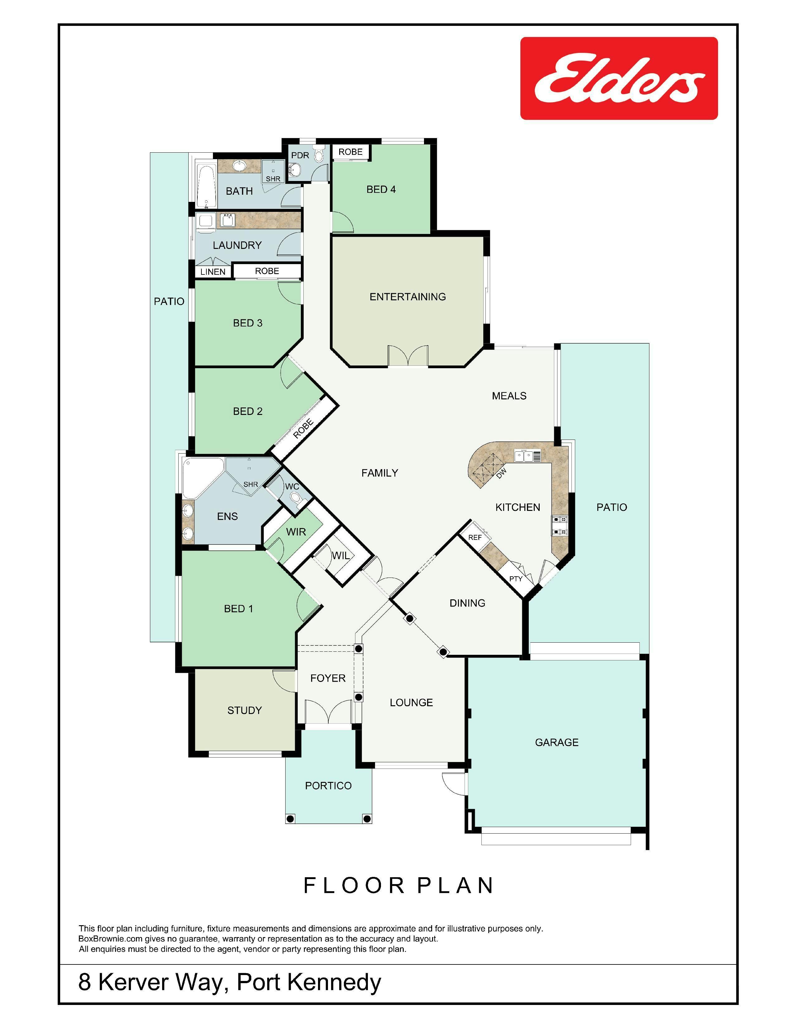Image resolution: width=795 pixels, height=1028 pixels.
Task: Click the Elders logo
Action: pos(619,78)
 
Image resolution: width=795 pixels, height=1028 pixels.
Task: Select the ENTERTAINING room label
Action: pos(407,297)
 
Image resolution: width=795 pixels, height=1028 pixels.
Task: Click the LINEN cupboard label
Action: pos(213,272)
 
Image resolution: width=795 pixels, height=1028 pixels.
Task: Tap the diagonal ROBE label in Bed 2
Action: pos(303,429)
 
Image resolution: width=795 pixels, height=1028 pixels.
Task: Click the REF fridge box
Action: pos(475,537)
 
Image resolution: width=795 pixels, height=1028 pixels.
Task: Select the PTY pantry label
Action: pos(516,578)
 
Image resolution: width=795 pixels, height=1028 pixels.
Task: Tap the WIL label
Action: pos(340,555)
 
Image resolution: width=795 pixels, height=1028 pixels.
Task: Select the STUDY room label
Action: pos(244,710)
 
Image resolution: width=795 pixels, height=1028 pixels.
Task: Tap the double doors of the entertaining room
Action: pos(408,355)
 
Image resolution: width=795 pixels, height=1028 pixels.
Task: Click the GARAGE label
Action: pos(557,742)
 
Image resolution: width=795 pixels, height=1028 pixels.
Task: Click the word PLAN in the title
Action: pos(455,885)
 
